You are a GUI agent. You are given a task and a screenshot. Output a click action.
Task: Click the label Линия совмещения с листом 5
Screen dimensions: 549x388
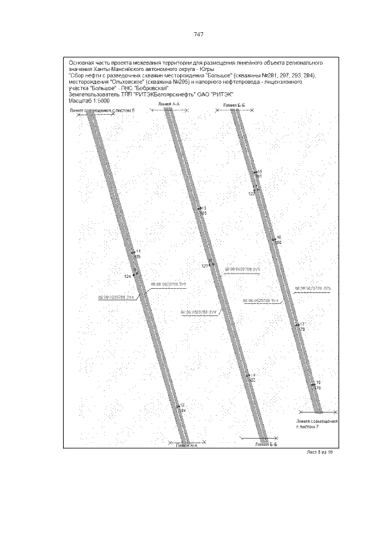[x=98, y=111]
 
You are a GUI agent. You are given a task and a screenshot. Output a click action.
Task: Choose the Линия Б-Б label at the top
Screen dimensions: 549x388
[x=233, y=106]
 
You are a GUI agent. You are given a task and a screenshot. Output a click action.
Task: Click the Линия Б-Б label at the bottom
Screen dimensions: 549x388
[x=266, y=444]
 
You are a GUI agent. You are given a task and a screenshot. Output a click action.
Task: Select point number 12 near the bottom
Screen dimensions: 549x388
[x=181, y=405]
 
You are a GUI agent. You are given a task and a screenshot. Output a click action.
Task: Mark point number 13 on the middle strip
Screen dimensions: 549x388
[x=204, y=208]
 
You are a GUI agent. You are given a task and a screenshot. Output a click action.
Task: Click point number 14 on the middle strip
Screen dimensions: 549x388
[x=253, y=376]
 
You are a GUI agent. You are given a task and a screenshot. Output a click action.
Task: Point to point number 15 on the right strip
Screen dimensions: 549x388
[x=259, y=172]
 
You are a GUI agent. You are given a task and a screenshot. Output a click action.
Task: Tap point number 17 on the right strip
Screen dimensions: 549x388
[x=301, y=324]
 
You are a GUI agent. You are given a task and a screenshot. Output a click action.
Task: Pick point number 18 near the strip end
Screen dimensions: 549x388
[x=318, y=382]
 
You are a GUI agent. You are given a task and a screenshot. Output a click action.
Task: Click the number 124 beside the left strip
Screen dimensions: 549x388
[x=127, y=276]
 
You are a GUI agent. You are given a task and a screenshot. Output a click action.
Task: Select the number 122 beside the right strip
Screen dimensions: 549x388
[x=252, y=194]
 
